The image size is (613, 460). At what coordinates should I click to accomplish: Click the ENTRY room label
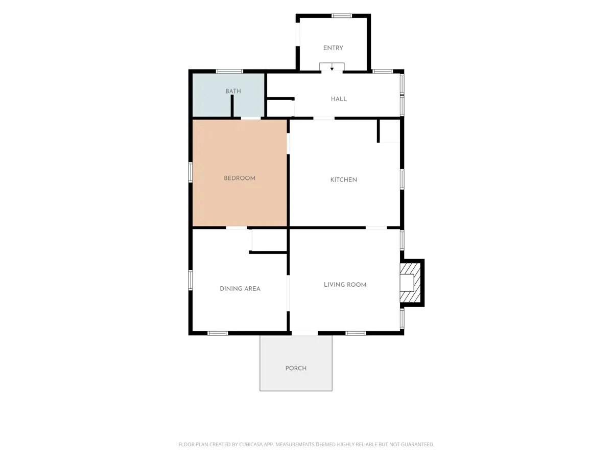tap(333, 48)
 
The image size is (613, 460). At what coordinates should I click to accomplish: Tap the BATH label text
tap(233, 91)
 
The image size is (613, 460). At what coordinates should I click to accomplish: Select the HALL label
tap(339, 99)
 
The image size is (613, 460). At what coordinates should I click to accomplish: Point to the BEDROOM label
tap(240, 178)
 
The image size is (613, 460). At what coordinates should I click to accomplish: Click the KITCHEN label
tap(343, 180)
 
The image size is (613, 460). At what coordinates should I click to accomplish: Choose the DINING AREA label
tap(240, 289)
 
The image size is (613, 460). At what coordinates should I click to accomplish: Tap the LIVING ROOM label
tap(345, 285)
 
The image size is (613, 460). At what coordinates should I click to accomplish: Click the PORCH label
tap(296, 368)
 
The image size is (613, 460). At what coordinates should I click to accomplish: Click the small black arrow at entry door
tap(332, 68)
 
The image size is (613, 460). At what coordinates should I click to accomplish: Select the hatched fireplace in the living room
tap(410, 283)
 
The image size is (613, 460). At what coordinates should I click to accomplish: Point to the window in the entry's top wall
tap(341, 16)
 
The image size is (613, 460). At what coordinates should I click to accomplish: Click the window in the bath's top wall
tap(229, 71)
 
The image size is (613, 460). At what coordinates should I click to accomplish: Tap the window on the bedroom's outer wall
tap(191, 172)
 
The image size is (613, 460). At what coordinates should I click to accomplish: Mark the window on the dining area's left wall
tap(191, 280)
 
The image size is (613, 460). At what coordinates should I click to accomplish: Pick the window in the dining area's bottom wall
tap(218, 333)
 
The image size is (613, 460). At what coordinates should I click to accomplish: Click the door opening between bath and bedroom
tap(251, 118)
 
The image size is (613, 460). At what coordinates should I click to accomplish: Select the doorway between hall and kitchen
tap(324, 118)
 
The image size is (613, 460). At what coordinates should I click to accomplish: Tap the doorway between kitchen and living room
tap(376, 227)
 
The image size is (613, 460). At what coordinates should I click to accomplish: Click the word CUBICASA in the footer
tap(250, 444)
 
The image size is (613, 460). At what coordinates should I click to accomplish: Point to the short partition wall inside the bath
tap(232, 106)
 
